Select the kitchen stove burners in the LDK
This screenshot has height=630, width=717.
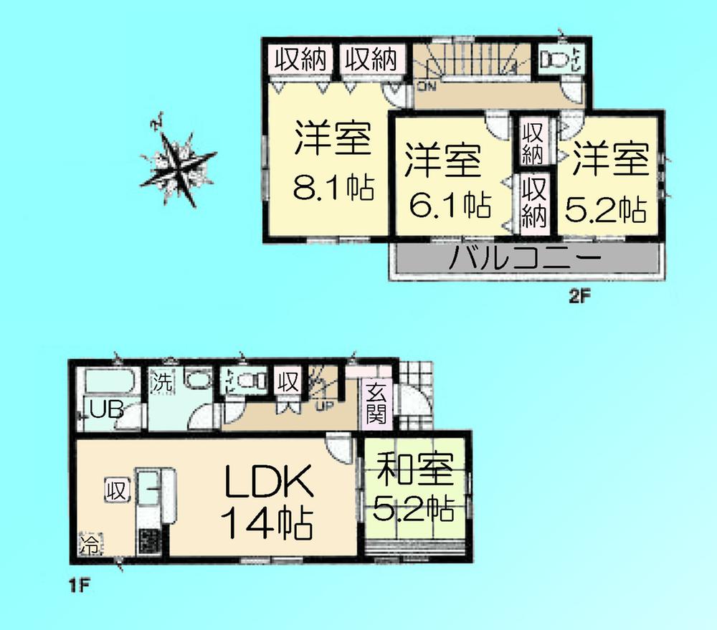click(151, 542)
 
